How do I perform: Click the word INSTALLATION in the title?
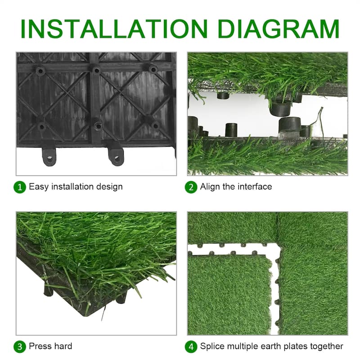coord(114,29)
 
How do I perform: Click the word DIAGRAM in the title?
coord(279,29)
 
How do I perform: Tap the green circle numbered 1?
coord(20,187)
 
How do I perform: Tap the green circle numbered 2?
coord(191,187)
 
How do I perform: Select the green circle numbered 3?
coord(20,346)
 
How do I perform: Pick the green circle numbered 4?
coord(191,346)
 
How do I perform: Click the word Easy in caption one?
coord(39,187)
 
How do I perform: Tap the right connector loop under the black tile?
coord(116,156)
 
